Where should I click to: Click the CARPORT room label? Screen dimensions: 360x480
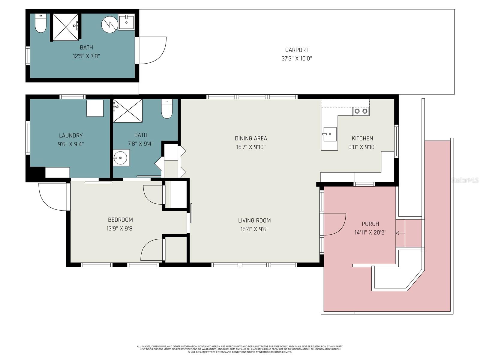tap(296, 50)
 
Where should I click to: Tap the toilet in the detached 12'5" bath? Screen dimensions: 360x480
tap(40, 23)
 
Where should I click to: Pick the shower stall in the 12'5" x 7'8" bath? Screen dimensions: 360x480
tap(66, 27)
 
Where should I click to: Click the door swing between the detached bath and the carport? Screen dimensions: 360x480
tap(151, 50)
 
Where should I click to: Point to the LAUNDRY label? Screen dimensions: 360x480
tap(71, 136)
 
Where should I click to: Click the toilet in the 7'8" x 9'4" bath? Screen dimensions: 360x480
tap(167, 109)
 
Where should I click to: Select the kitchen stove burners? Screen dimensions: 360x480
tap(361, 111)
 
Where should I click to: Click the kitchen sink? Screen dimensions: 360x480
tap(330, 134)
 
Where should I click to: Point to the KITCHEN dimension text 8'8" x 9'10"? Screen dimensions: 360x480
tap(362, 147)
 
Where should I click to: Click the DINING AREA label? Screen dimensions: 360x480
tap(251, 138)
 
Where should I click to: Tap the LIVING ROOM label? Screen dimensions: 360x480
tap(254, 220)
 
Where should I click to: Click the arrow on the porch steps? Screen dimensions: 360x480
tap(399, 233)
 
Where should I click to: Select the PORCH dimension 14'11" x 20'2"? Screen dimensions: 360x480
tap(370, 232)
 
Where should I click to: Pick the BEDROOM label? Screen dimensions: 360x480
tap(120, 220)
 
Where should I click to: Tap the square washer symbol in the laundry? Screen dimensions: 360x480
tap(95, 108)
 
